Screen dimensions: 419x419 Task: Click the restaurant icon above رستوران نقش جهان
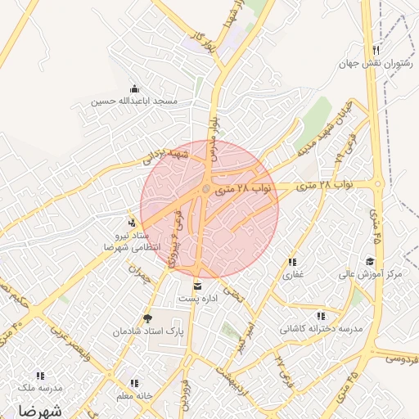375,50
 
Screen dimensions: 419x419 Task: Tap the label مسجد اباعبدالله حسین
134,101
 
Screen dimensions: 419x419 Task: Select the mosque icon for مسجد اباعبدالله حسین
133,88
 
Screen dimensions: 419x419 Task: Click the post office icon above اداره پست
197,286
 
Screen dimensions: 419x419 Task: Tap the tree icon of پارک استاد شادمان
147,318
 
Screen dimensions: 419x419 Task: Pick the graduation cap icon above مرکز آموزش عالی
370,261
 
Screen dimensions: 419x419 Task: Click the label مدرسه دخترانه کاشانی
321,328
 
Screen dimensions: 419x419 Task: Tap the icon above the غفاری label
292,262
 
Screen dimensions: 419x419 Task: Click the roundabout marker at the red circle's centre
207,190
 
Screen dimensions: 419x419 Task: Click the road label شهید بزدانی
168,154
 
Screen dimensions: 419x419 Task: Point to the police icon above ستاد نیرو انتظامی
132,222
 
